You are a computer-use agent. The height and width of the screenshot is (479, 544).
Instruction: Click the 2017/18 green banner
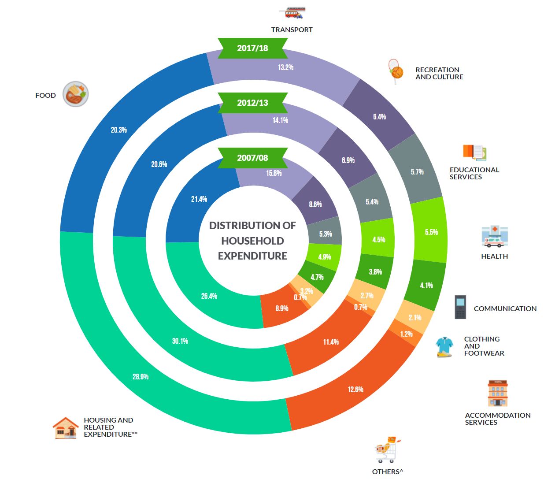(252, 48)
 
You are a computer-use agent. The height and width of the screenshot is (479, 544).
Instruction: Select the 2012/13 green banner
(252, 103)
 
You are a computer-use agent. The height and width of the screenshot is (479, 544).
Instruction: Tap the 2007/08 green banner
(252, 158)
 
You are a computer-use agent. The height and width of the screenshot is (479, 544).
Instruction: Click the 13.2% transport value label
(285, 67)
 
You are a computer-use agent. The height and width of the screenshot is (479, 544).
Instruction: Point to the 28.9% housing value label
(141, 377)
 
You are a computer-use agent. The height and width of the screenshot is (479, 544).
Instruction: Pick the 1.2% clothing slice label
(406, 334)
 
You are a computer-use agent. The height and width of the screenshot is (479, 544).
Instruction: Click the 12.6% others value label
(355, 390)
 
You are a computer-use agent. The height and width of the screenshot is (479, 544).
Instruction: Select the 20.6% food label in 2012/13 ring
(159, 164)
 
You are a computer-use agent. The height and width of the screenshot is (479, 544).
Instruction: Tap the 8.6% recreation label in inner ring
(315, 204)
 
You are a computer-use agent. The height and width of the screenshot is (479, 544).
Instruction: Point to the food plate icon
(76, 94)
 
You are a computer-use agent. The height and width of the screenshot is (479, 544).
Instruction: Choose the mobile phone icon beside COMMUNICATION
(460, 307)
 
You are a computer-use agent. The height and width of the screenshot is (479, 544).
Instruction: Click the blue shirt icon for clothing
(444, 347)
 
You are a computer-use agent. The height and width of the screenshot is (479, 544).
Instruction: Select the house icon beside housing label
(66, 428)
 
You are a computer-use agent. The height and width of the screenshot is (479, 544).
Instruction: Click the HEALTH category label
(494, 256)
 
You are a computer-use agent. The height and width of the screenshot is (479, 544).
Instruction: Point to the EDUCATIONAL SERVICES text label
(474, 174)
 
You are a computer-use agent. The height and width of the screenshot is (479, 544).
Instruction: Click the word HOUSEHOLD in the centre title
(252, 241)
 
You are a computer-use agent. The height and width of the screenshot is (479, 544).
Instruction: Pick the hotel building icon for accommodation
(498, 393)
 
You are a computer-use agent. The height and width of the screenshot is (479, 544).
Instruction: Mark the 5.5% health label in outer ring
(431, 232)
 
